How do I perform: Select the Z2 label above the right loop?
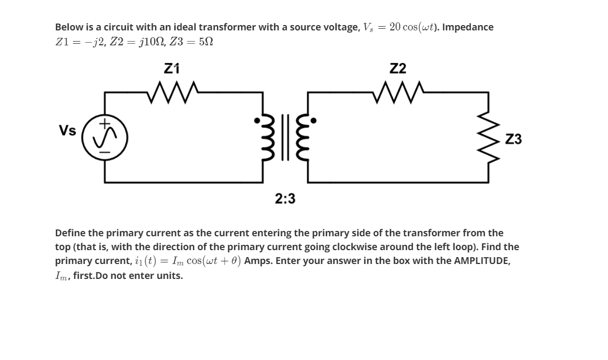pos(398,68)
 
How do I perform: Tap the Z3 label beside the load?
pos(513,140)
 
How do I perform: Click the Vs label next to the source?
pos(67,131)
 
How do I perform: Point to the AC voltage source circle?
pos(104,138)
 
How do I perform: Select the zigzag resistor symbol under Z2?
pos(399,92)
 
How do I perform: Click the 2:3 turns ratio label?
pos(285,199)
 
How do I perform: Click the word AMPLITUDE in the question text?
pos(482,261)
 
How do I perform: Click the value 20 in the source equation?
pos(396,27)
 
